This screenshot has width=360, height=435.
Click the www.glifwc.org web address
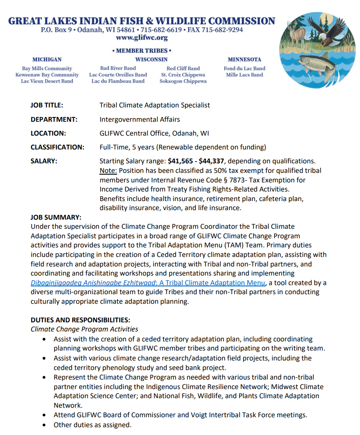pos(142,38)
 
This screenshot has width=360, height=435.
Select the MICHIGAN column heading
pos(47,59)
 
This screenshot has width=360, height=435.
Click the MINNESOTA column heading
pos(244,59)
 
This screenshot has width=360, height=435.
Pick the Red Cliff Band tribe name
pos(183,68)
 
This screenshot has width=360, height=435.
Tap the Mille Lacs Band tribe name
pos(244,75)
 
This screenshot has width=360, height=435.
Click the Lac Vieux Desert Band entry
pos(47,81)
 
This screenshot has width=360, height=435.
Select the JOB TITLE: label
pos(47,105)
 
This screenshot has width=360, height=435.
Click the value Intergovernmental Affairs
pos(140,119)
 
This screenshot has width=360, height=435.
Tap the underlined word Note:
pos(108,170)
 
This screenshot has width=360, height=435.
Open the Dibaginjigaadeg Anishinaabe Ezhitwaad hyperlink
pos(147,283)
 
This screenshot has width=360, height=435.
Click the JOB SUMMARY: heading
pos(56,217)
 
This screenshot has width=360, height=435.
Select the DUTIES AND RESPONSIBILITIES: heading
pos(80,320)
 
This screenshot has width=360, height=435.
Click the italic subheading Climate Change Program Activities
pos(84,329)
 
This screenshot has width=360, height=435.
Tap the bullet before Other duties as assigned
pos(45,425)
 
